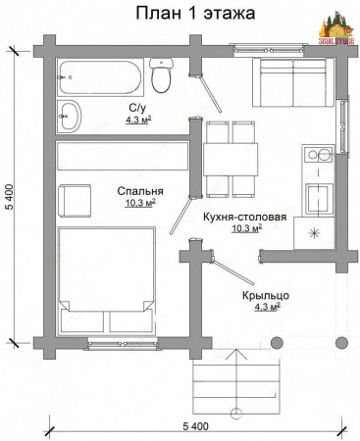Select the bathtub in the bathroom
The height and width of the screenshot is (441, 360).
coord(99,73)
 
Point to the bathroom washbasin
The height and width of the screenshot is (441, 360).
coord(70,114)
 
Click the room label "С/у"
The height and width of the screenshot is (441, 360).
coord(138,107)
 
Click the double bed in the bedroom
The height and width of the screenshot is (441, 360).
coord(104,279)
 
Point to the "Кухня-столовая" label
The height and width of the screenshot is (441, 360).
coord(244,218)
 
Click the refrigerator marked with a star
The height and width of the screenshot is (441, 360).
coord(316,234)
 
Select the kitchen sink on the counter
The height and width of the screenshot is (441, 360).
coord(316,198)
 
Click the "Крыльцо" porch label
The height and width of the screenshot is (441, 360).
coord(264,293)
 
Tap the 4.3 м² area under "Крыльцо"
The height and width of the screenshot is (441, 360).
coord(264,306)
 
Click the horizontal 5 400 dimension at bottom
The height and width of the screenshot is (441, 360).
coord(196,426)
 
